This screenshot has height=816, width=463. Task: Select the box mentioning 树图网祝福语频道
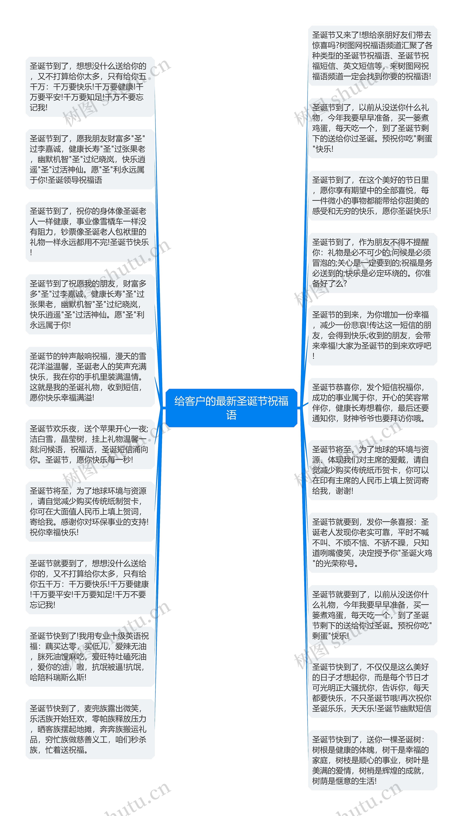(372, 56)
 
